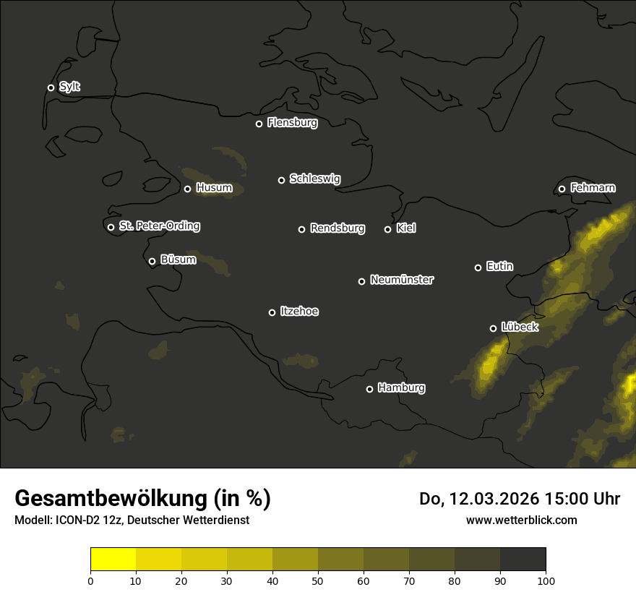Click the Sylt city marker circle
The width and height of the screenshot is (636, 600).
(x=51, y=87)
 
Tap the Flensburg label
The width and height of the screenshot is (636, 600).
(x=292, y=123)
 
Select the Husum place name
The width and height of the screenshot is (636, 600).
(x=214, y=189)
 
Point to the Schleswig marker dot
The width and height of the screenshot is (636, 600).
(x=281, y=180)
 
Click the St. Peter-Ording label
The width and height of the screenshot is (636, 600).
(x=159, y=226)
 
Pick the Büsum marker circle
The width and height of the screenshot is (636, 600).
(x=152, y=262)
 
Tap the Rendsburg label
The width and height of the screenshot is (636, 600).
(x=337, y=228)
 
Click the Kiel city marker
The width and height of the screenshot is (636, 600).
(x=387, y=229)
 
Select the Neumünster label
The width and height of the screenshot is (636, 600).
(x=401, y=280)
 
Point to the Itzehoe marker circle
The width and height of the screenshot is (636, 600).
(x=272, y=312)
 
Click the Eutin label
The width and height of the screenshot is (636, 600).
(x=499, y=267)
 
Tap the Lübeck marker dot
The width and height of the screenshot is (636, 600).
(x=493, y=328)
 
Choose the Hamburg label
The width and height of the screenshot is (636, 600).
(x=401, y=388)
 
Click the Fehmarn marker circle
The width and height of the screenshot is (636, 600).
(x=562, y=189)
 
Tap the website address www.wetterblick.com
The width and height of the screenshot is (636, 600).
(x=521, y=520)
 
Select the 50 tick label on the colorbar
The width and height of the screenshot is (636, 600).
(x=318, y=580)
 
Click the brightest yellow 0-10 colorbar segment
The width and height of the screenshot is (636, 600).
(x=113, y=560)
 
